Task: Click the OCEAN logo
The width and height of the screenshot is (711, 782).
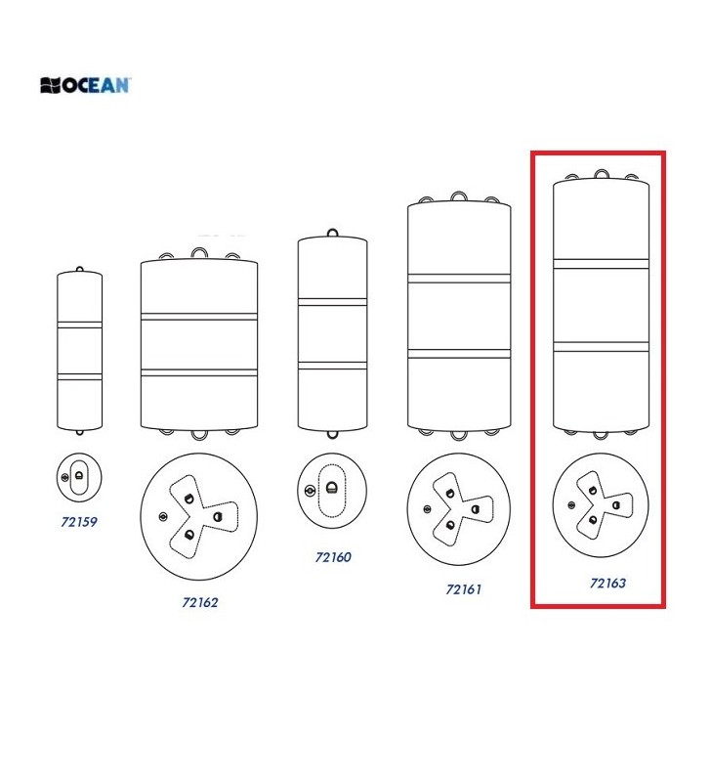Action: coord(85,85)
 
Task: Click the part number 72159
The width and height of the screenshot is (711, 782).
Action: coord(79,522)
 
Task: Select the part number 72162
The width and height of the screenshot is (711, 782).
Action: coord(200,602)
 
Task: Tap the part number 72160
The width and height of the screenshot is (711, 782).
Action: coord(333,557)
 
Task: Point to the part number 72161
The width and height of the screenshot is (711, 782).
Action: coord(463,589)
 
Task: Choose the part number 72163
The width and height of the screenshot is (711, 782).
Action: coord(607,583)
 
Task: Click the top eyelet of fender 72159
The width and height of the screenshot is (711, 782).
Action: coord(80,270)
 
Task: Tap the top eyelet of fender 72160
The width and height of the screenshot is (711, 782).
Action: coord(332,232)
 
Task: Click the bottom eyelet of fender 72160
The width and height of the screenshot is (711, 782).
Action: coord(332,434)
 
